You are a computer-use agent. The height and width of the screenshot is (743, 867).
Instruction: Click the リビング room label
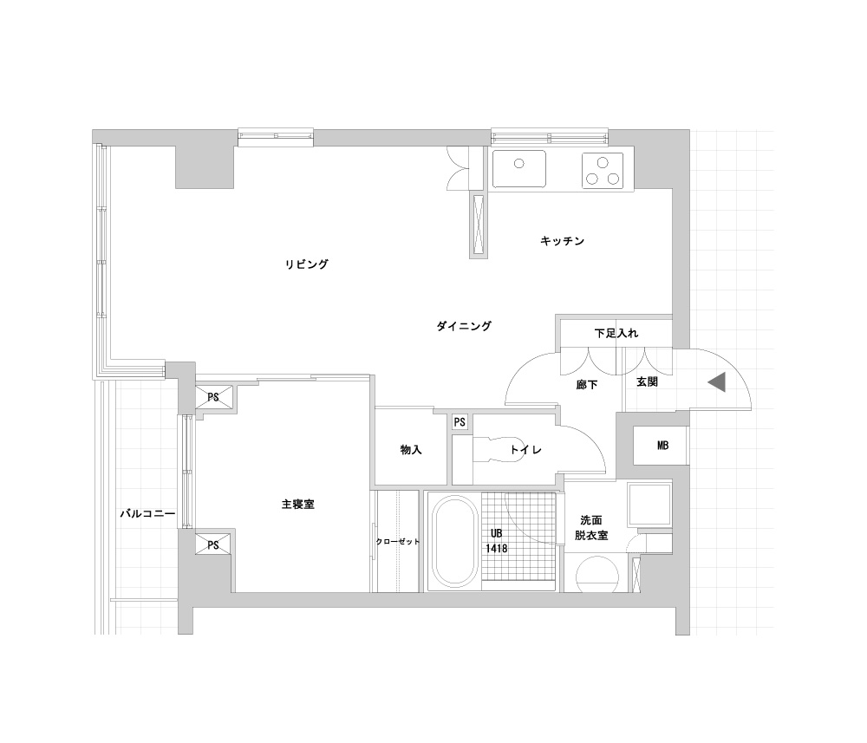point(306,264)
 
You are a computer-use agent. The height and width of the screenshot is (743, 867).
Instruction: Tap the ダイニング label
point(464,326)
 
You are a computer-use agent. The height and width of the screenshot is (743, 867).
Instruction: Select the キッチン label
point(563,241)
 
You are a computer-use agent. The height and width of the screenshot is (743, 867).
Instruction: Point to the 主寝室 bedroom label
point(298,505)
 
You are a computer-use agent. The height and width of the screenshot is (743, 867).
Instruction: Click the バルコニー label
point(147,513)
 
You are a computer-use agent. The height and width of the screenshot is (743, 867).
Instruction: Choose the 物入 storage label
point(411,450)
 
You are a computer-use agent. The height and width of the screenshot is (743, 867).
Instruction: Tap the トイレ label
point(525,450)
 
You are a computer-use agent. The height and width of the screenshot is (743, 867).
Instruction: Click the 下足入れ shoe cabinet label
point(616,334)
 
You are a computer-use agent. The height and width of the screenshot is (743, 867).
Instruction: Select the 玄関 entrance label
point(647,382)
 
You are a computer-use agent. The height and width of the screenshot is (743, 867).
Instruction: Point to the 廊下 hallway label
point(587,385)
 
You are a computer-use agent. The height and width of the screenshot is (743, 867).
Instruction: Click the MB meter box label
point(662,445)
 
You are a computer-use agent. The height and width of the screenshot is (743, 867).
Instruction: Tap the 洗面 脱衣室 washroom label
point(591,528)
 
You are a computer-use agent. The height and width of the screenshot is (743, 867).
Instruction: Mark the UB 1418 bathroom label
point(497,541)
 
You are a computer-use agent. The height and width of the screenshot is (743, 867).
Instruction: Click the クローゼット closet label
point(398,542)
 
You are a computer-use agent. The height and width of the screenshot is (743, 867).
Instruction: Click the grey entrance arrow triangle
point(717,382)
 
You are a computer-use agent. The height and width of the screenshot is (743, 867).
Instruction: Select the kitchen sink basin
point(519,168)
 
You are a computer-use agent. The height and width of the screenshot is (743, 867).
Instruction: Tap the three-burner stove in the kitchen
point(603,170)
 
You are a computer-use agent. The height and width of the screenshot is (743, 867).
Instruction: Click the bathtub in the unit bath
point(454,542)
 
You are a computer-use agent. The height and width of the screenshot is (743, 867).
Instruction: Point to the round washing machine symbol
point(597,575)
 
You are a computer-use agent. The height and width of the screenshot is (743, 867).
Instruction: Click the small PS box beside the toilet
point(460,422)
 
